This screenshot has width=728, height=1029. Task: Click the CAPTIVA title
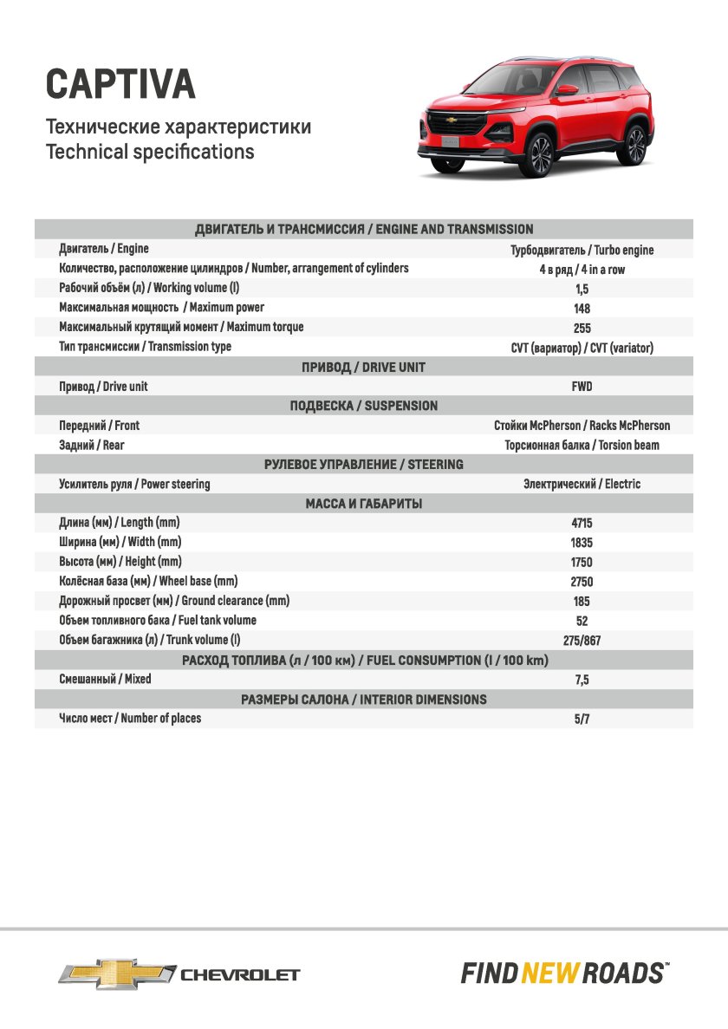120,84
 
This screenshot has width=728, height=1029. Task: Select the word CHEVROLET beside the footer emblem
239,974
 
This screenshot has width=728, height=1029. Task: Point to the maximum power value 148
582,309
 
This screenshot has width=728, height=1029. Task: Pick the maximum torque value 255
582,329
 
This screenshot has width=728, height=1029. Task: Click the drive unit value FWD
582,387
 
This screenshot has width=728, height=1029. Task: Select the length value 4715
582,524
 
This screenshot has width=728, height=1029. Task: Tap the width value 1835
582,543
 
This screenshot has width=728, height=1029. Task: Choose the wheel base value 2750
582,582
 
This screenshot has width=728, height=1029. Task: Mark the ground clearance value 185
582,602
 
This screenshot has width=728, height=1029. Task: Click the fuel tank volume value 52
582,622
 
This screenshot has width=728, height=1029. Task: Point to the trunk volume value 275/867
582,641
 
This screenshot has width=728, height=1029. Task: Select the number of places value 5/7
582,720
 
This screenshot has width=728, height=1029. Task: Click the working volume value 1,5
582,289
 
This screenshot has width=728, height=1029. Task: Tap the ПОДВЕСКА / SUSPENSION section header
364,406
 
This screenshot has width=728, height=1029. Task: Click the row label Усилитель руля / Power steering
134,485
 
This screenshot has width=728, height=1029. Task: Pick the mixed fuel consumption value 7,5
582,681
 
